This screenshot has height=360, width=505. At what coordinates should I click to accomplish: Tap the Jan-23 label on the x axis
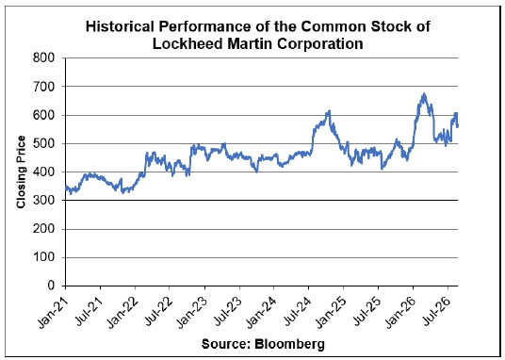pos(192,309)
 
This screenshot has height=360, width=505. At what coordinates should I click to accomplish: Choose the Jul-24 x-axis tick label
pos(297,308)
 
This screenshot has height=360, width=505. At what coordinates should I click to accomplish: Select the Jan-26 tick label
pos(401,309)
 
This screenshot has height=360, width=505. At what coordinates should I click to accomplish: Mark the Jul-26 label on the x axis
pos(436,308)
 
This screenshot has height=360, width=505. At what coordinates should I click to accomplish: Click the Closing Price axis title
pos(22,172)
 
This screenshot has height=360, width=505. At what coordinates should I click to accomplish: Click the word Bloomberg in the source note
pos(289,345)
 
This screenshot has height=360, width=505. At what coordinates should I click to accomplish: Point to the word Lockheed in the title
pos(187,43)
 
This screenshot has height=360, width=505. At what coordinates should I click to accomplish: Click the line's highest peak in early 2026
pos(424,93)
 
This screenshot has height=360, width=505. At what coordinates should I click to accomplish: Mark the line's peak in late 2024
pos(329,110)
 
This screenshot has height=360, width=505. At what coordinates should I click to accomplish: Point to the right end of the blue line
pos(458,126)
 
